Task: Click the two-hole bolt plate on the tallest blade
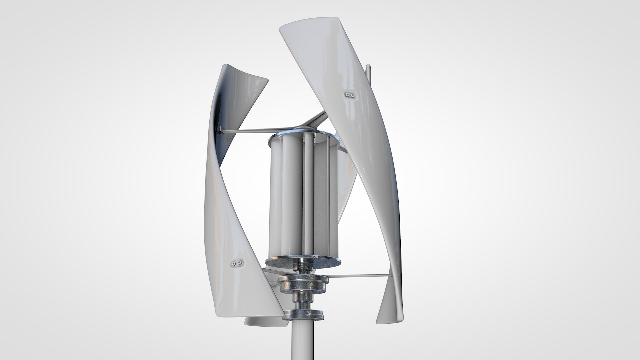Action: [x=350, y=95]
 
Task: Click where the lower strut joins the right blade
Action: [x=390, y=266]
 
